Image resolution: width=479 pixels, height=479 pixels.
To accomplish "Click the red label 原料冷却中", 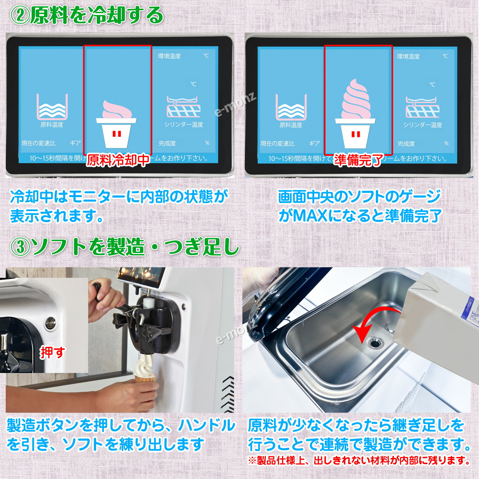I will pyautogui.click(x=118, y=160).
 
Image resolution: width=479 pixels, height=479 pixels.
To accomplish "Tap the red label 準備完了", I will pyautogui.click(x=358, y=160).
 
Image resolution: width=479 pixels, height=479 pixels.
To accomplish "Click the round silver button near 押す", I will pyautogui.click(x=50, y=323).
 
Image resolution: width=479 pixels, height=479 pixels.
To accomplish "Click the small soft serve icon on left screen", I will pyautogui.click(x=117, y=123).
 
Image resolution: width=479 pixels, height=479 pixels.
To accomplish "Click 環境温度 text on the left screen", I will pyautogui.click(x=169, y=56).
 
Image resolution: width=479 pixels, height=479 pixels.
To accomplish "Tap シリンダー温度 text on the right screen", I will pyautogui.click(x=422, y=125).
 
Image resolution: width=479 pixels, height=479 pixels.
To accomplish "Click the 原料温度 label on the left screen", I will pyautogui.click(x=52, y=125).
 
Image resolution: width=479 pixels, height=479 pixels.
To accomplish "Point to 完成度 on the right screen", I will pyautogui.click(x=406, y=144).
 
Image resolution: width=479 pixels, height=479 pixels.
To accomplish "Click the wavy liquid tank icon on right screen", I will pyautogui.click(x=291, y=107).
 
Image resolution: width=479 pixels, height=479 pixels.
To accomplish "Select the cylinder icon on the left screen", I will pyautogui.click(x=183, y=107).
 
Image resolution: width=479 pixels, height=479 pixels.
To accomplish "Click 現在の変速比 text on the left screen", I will pyautogui.click(x=38, y=143).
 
